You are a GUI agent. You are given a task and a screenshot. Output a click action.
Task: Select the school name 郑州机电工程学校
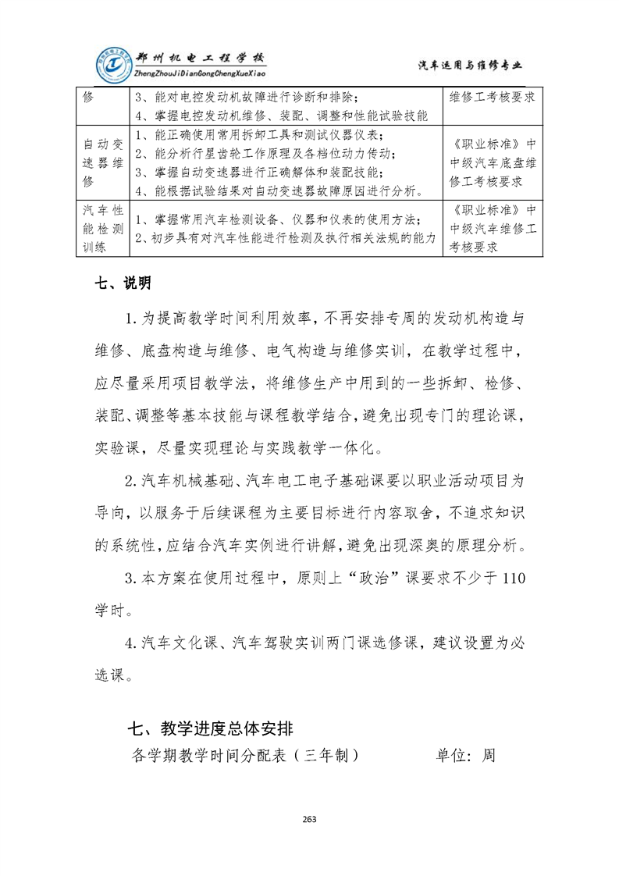[x=200, y=59]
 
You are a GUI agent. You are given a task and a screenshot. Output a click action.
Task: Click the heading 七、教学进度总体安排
[x=211, y=729]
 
